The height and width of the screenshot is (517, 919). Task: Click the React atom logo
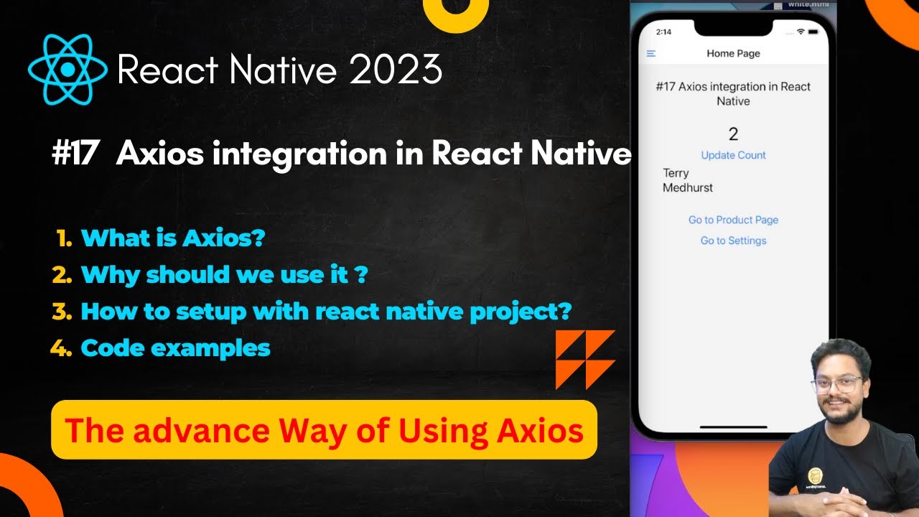(67, 70)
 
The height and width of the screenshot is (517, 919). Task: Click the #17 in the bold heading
(75, 154)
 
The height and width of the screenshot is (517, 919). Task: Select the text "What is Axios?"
(172, 238)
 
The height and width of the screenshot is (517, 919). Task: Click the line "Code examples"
(175, 348)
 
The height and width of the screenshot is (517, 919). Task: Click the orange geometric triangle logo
(585, 359)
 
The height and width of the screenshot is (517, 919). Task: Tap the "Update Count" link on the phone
(733, 155)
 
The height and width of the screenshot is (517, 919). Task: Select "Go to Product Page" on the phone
(733, 220)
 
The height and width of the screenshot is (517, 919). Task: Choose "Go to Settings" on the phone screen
(733, 241)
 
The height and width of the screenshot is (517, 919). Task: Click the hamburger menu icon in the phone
(651, 54)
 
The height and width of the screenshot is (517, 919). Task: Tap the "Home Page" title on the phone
(733, 54)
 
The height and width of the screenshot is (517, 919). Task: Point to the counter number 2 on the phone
(733, 134)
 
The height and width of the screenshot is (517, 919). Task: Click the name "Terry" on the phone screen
(676, 173)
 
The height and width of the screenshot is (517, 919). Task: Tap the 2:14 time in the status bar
(663, 32)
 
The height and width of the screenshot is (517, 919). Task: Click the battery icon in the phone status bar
(813, 32)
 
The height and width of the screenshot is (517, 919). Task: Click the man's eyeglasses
(837, 384)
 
